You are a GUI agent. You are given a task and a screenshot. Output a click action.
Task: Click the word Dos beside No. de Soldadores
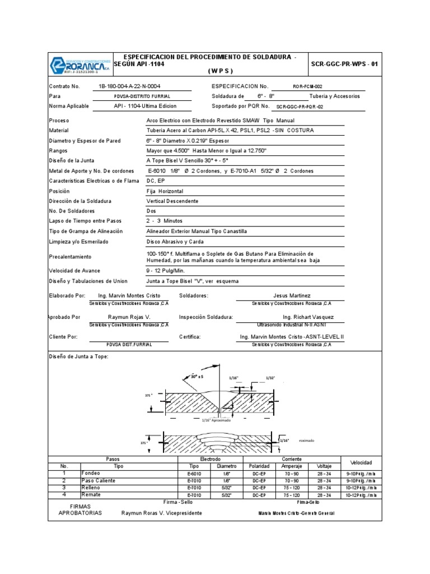click(x=151, y=211)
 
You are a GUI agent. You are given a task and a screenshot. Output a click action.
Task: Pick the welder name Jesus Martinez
click(x=291, y=295)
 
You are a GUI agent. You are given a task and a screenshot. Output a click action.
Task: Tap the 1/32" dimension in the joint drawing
click(x=271, y=378)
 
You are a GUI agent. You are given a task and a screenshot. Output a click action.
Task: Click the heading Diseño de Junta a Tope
click(x=78, y=357)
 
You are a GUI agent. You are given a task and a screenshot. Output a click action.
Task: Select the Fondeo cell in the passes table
click(x=92, y=473)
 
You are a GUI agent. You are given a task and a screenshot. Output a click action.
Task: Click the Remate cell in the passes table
click(x=92, y=495)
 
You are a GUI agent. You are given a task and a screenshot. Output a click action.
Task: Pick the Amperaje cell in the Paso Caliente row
click(x=291, y=480)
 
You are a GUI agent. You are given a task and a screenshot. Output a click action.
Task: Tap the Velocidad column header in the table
click(x=361, y=462)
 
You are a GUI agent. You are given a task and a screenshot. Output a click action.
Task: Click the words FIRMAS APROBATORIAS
click(x=80, y=509)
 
